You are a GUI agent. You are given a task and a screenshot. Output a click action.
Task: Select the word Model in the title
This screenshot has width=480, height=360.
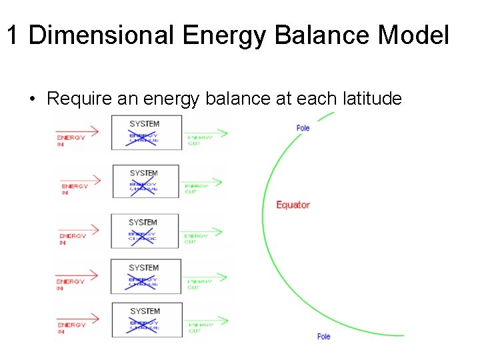[413, 35]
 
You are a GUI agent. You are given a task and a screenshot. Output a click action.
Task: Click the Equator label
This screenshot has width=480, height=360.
[293, 205]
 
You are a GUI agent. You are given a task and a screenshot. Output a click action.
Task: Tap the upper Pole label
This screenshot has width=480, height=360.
[303, 128]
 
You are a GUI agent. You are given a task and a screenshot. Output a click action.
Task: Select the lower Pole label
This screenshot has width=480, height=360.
[323, 336]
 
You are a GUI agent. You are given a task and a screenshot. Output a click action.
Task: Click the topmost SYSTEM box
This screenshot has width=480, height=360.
[145, 132]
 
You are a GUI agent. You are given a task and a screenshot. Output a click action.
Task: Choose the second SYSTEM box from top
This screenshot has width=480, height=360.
[145, 181]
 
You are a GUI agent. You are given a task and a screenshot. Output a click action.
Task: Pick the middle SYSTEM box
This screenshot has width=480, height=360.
[145, 231]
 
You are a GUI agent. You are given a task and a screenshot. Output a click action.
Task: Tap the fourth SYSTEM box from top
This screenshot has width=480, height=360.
[145, 276]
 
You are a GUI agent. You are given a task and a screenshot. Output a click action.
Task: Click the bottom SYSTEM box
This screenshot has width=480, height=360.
[145, 320]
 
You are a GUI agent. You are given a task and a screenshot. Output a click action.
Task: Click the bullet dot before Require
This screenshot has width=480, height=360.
[31, 99]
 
